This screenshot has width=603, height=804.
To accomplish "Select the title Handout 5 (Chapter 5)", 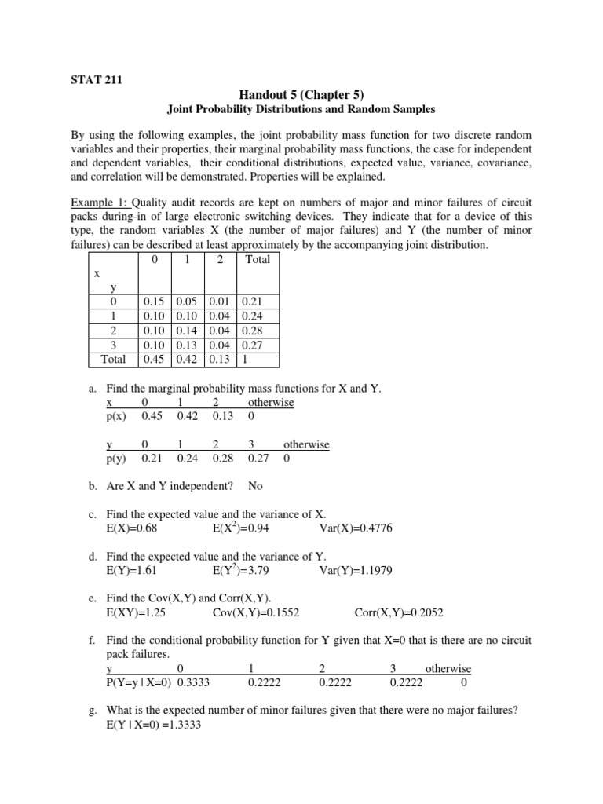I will tap(301, 93).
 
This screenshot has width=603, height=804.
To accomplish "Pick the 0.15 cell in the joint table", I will tap(152, 301).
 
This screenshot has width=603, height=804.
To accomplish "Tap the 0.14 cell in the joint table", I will tap(186, 330).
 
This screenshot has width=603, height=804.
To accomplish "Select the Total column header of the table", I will tap(257, 259).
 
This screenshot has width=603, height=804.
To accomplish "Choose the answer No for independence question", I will tap(255, 486).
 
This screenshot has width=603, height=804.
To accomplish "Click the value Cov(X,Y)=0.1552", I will tap(255, 612).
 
